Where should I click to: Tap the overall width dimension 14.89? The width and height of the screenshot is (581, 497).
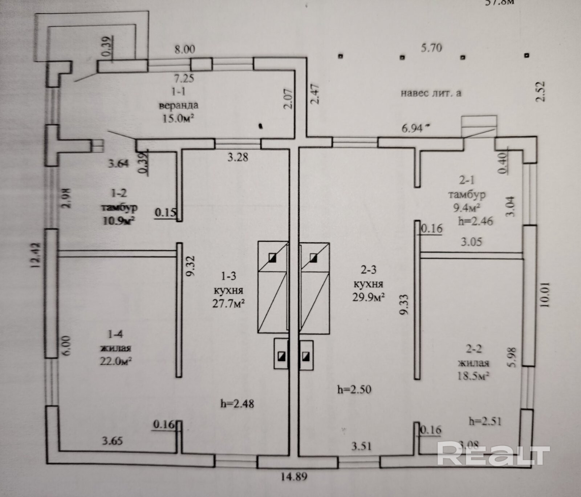pos(294,476)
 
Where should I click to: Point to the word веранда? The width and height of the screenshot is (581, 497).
pos(179,105)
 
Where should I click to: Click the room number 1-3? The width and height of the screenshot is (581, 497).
pos(228,276)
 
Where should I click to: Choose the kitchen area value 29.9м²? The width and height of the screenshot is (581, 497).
pos(369,297)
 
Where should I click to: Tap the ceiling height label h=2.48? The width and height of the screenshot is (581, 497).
pos(237,403)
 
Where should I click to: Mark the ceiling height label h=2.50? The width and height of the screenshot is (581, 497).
pos(354,389)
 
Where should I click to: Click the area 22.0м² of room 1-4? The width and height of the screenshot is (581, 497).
pos(115,361)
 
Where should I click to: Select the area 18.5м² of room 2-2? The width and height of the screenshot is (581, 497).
pos(473,375)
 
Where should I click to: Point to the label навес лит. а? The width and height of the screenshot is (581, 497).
pos(431,93)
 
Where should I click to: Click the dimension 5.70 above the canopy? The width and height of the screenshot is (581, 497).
pos(431,48)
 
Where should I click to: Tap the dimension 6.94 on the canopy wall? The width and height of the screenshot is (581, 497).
pos(413,128)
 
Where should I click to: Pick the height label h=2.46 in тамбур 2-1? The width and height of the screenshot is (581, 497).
pos(475,221)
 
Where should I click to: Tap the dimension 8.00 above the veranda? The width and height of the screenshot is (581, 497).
pos(185,49)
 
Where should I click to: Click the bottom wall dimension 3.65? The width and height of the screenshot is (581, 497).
pos(112,441)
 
